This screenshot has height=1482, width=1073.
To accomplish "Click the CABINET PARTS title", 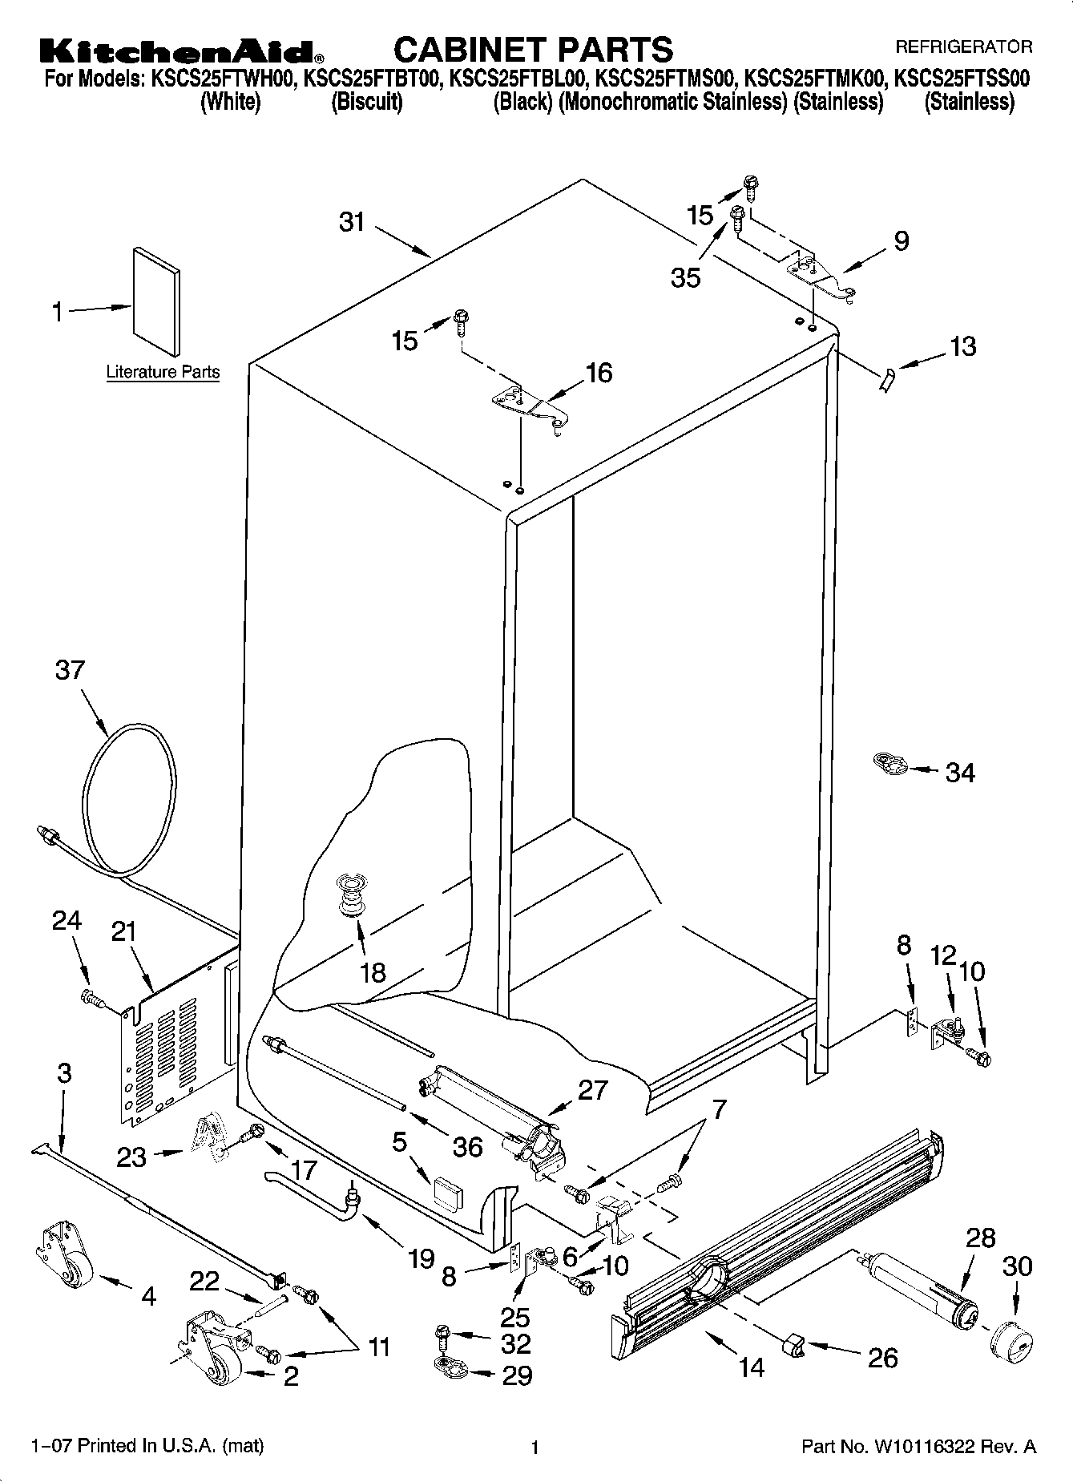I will tap(533, 49).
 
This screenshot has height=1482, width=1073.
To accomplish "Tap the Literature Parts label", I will tap(163, 372).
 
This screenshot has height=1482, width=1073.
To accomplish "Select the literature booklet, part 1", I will tap(156, 300).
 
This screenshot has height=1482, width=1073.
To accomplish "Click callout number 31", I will tap(352, 222).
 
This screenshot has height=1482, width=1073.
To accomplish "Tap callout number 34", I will tap(960, 773).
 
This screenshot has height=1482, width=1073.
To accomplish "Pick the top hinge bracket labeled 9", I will tap(821, 276).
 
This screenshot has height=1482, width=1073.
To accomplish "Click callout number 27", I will tap(592, 1090).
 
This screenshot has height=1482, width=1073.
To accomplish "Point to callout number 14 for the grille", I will tap(752, 1367).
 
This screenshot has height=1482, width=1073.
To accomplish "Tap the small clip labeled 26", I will tap(792, 1347).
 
